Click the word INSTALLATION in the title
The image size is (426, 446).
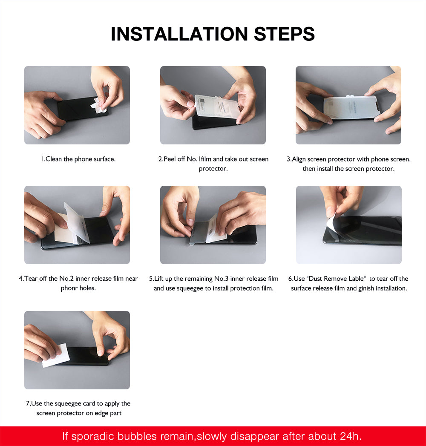tap(179, 34)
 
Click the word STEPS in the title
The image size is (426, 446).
tap(284, 34)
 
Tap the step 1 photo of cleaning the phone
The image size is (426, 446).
tap(77, 105)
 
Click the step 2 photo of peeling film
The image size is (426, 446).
tap(213, 105)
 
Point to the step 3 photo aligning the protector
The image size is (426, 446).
tap(348, 105)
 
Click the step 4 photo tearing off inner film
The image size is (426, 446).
tap(77, 225)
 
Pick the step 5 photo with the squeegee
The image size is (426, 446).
tap(213, 225)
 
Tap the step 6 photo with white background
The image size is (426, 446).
tap(348, 225)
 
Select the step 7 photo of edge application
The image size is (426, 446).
tap(77, 350)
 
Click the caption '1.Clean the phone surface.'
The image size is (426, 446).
tap(78, 159)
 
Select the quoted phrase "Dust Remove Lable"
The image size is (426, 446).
tap(336, 279)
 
